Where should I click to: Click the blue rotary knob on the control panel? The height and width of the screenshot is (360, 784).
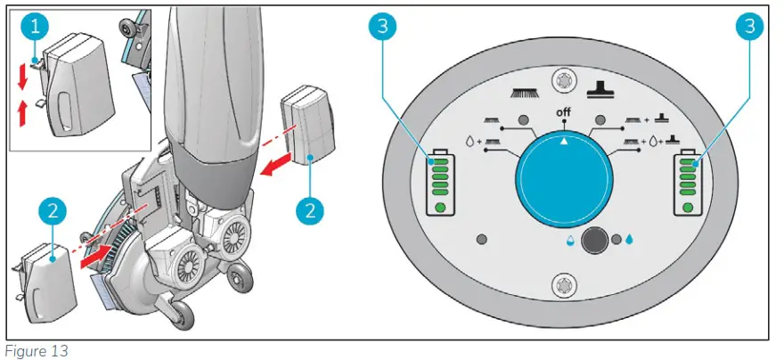click(x=562, y=172)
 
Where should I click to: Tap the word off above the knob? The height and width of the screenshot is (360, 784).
click(x=562, y=111)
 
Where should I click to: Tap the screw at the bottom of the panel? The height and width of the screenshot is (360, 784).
click(x=562, y=286)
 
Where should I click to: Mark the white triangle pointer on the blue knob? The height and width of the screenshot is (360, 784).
click(x=562, y=142)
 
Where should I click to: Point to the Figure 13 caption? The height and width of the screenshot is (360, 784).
click(x=35, y=351)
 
